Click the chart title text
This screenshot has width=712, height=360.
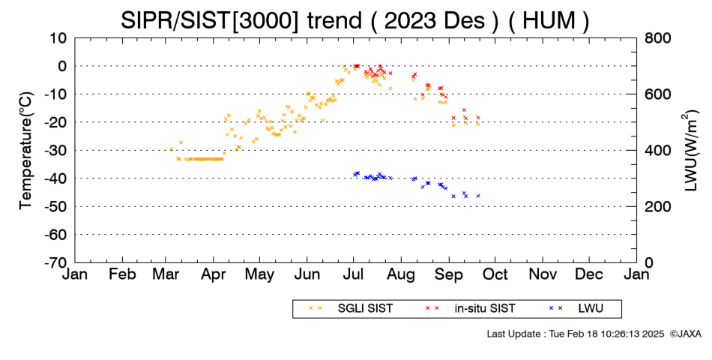click(x=355, y=20)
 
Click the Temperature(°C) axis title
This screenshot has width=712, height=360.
click(x=26, y=151)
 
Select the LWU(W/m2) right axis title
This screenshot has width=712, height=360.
click(x=690, y=151)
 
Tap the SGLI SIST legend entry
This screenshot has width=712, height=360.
click(x=351, y=309)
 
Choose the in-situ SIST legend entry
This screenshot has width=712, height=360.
click(x=471, y=309)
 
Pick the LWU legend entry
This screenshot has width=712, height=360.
click(x=576, y=309)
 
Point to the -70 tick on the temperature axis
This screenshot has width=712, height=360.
click(x=55, y=262)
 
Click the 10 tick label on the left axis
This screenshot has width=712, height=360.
click(x=58, y=38)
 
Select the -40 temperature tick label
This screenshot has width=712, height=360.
click(x=55, y=178)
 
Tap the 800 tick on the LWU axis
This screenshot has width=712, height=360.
click(x=658, y=38)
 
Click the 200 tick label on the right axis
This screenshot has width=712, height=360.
click(x=658, y=206)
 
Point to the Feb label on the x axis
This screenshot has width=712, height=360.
click(x=123, y=274)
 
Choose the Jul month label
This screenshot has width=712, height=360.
click(x=353, y=274)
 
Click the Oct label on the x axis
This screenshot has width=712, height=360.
click(x=495, y=274)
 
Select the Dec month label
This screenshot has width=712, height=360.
click(x=589, y=274)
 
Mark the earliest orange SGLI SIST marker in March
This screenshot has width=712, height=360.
click(x=172, y=149)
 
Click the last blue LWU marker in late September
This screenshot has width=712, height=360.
click(x=478, y=196)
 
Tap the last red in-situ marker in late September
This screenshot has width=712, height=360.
click(x=478, y=117)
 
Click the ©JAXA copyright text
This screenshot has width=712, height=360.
click(x=685, y=334)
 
